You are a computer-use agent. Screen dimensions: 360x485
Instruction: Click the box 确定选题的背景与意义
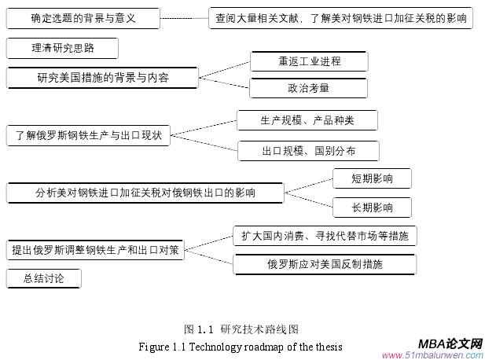click(83, 18)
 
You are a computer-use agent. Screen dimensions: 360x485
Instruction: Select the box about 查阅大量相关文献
click(340, 18)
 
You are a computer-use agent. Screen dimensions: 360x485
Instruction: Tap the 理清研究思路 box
click(62, 49)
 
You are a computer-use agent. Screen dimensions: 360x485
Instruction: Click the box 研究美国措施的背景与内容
click(103, 77)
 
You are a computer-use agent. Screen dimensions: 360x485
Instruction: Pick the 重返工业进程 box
click(298, 61)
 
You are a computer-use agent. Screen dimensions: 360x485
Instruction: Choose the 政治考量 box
click(298, 88)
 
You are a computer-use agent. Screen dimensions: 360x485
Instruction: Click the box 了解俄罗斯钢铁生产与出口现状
click(88, 134)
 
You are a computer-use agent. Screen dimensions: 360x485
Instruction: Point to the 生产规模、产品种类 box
click(307, 121)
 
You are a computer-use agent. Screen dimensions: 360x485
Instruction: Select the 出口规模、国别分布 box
click(307, 149)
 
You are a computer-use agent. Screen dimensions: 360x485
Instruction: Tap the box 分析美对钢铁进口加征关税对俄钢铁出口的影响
click(145, 192)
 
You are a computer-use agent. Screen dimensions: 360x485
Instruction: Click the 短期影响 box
click(372, 178)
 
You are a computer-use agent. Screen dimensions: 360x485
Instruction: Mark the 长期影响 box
click(372, 207)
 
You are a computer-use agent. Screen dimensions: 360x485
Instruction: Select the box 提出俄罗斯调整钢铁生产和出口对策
click(95, 250)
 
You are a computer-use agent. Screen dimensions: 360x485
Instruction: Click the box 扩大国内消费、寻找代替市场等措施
click(324, 235)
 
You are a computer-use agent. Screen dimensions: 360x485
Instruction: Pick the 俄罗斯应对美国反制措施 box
click(324, 264)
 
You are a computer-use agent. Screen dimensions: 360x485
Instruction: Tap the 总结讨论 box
click(43, 278)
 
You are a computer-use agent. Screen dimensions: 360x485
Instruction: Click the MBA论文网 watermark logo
click(450, 344)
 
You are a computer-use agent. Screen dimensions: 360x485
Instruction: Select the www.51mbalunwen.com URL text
click(432, 354)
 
